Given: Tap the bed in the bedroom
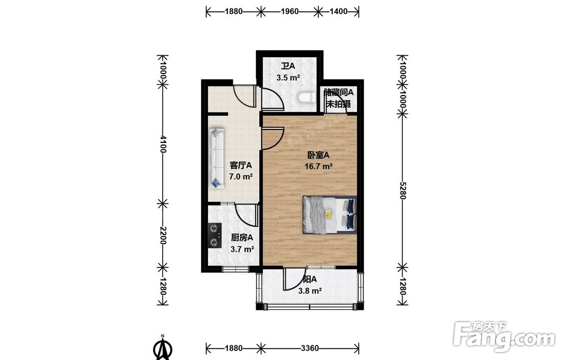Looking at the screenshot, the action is pos(329,215).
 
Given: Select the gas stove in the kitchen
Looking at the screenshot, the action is pos(215,235).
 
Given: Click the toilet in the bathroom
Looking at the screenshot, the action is pos(307,98).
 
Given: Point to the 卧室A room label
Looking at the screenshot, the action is pos(318,155).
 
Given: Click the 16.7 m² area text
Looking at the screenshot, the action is pos(318,167).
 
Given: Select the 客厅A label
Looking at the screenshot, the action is pos(241,166).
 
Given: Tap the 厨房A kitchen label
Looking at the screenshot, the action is pos(242,238).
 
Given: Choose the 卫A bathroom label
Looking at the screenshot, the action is pos(288,66).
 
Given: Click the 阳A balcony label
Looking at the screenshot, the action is pos(310,280).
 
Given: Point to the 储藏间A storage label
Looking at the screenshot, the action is pos(338,92).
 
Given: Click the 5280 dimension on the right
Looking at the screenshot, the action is pos(403,190).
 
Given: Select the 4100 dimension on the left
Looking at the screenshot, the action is pos(163,144).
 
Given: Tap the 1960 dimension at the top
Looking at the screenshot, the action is pos(290,11).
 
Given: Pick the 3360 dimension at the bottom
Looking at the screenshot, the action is pos(310,348).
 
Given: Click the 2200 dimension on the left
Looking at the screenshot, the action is pos(163,235).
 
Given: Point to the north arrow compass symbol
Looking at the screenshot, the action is pos(163,348).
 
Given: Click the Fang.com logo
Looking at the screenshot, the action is pos(504,337).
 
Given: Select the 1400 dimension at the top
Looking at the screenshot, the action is pos(338,11).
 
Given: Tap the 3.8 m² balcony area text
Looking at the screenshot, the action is pos(310,291).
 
